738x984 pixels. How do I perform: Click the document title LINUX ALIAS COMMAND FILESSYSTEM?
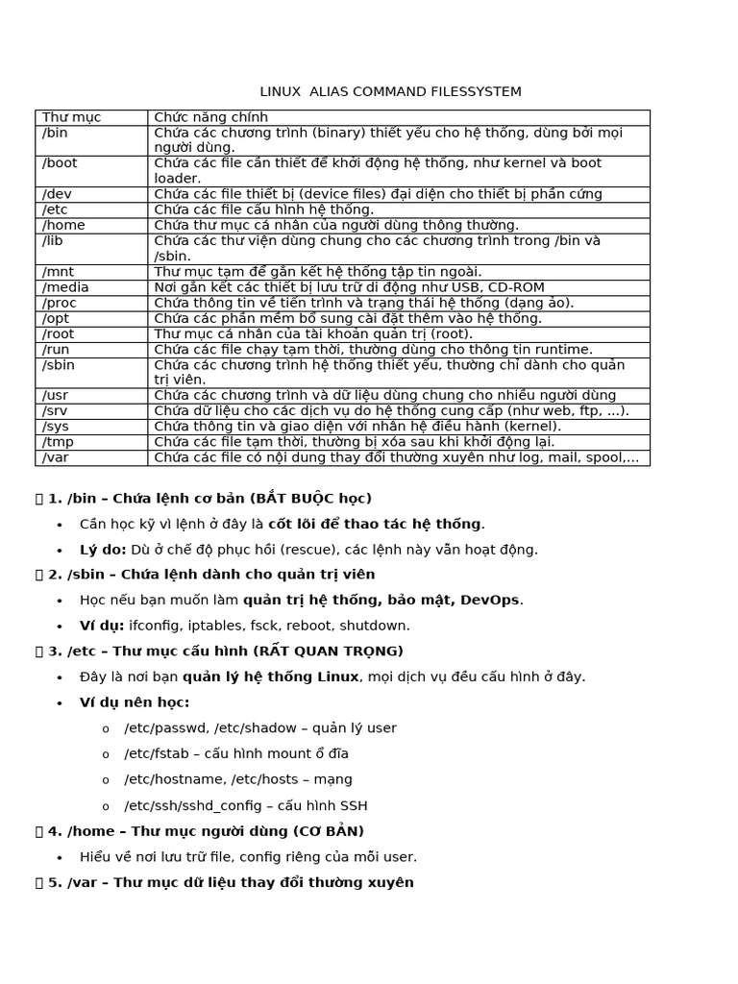click(x=390, y=92)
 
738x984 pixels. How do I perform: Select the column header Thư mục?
click(x=71, y=117)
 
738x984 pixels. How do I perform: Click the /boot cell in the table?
click(x=60, y=163)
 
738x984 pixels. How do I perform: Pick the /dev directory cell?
click(x=57, y=194)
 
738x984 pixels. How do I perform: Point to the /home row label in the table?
click(x=62, y=225)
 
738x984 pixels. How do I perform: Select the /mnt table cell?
click(x=58, y=272)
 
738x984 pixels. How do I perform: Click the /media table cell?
click(x=65, y=287)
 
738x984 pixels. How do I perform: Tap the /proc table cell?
click(x=60, y=303)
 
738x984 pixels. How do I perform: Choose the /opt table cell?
click(x=57, y=318)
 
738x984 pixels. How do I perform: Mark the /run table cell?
click(x=57, y=350)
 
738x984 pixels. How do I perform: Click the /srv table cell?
click(x=55, y=411)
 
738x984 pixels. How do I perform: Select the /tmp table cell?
click(x=57, y=442)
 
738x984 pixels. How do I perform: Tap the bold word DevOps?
click(x=491, y=600)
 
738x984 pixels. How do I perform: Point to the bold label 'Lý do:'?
click(x=103, y=550)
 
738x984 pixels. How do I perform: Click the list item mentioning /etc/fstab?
click(x=236, y=753)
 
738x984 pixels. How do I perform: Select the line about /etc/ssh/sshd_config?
click(x=245, y=805)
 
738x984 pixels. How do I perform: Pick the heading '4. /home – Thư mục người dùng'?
click(x=206, y=831)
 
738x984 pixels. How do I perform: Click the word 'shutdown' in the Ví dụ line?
click(x=377, y=626)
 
